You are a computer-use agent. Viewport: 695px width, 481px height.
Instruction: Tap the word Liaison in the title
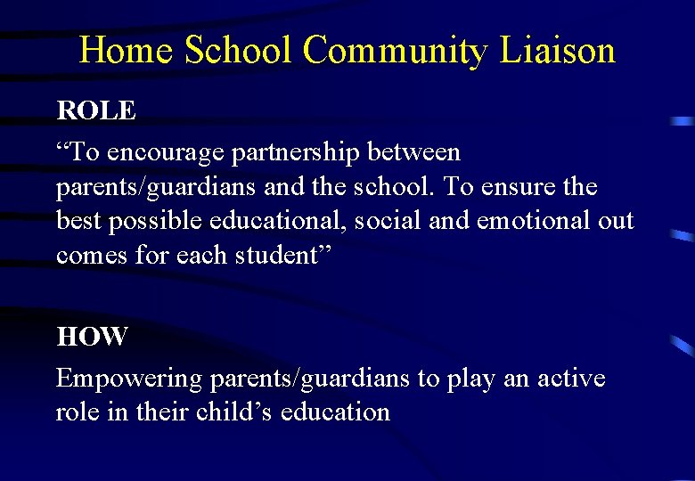point(558,51)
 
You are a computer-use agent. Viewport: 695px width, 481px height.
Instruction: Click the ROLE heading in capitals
point(96,110)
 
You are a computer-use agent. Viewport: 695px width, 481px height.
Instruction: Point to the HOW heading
point(92,337)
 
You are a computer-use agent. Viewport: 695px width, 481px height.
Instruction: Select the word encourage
point(167,153)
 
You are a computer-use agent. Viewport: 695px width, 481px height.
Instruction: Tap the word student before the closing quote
point(272,255)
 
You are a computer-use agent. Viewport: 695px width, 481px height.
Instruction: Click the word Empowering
point(129,379)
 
